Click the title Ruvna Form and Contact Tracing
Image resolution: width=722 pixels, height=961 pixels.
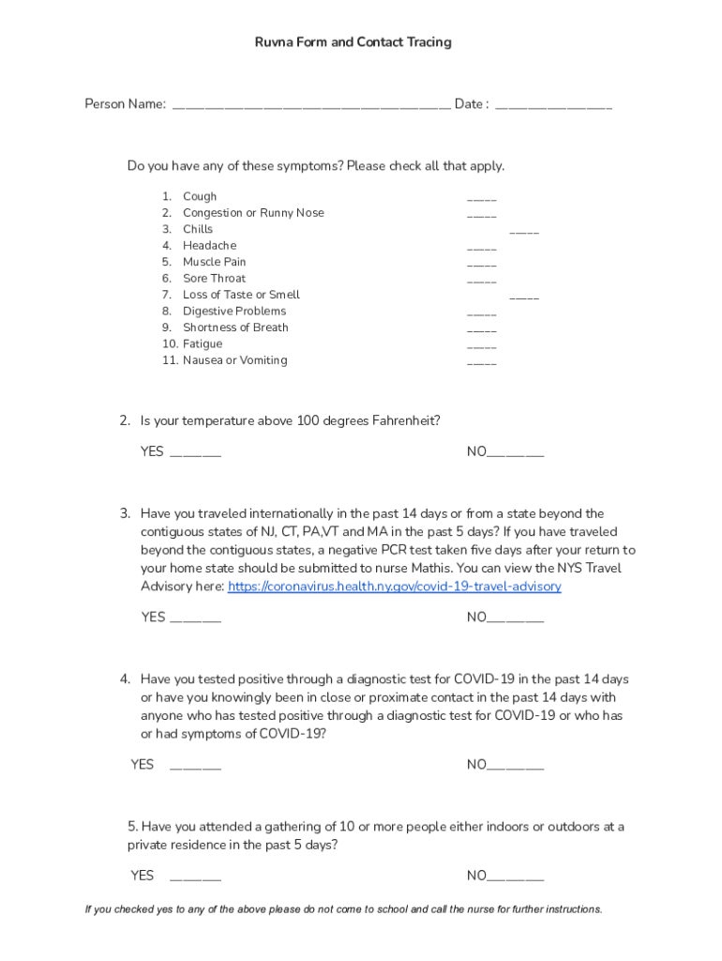(x=353, y=42)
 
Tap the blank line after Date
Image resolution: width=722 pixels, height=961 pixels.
(x=553, y=105)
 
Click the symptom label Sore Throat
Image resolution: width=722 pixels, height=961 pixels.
(x=214, y=279)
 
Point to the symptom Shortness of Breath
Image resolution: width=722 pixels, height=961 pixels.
(x=235, y=328)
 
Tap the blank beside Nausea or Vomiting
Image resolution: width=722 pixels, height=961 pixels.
(x=481, y=362)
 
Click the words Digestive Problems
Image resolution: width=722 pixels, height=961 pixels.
(x=234, y=312)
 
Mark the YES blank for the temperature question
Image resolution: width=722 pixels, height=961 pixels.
(x=196, y=454)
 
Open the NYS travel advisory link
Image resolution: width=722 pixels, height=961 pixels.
(x=395, y=587)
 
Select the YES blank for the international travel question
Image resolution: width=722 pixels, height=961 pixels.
(x=196, y=619)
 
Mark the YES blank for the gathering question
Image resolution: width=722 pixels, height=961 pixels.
(x=196, y=878)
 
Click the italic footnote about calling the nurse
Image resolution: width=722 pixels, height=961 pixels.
(x=343, y=909)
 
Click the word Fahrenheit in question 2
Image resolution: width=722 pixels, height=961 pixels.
(x=401, y=421)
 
